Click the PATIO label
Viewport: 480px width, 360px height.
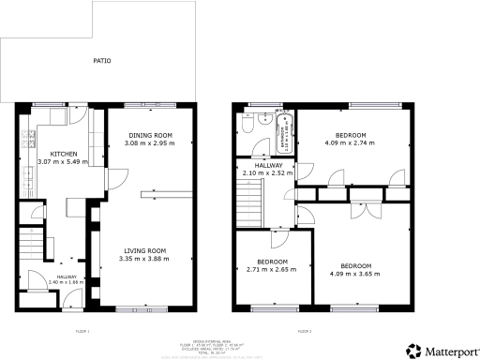click(101, 61)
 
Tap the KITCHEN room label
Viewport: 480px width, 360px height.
click(64, 154)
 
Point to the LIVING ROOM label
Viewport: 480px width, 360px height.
click(146, 250)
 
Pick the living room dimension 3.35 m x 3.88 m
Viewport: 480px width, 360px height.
click(146, 259)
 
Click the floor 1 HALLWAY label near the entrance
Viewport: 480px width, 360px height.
click(67, 277)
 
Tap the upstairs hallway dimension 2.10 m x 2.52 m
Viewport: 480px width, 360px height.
click(267, 172)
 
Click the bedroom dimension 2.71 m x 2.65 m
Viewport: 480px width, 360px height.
click(272, 269)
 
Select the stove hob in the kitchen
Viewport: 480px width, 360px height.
click(23, 141)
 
